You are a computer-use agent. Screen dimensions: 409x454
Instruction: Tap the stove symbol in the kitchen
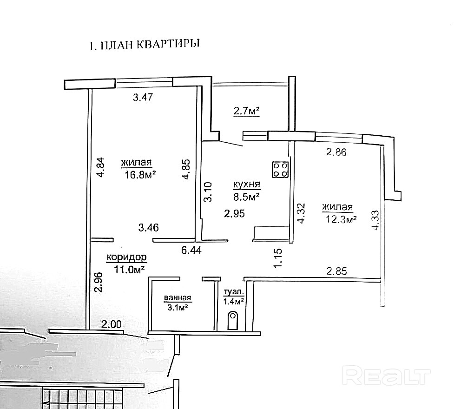(x=280, y=169)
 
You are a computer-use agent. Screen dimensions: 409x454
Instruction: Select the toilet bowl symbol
(x=232, y=321)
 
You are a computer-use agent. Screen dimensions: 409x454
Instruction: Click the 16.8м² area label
(x=139, y=174)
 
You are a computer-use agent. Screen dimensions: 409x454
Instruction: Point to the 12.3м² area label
(x=340, y=219)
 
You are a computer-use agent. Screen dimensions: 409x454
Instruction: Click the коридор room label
(x=126, y=257)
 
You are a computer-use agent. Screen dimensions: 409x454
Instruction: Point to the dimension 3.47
(x=143, y=98)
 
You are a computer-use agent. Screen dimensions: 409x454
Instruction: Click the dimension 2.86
(x=337, y=152)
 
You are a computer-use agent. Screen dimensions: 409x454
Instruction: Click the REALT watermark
(x=387, y=375)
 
